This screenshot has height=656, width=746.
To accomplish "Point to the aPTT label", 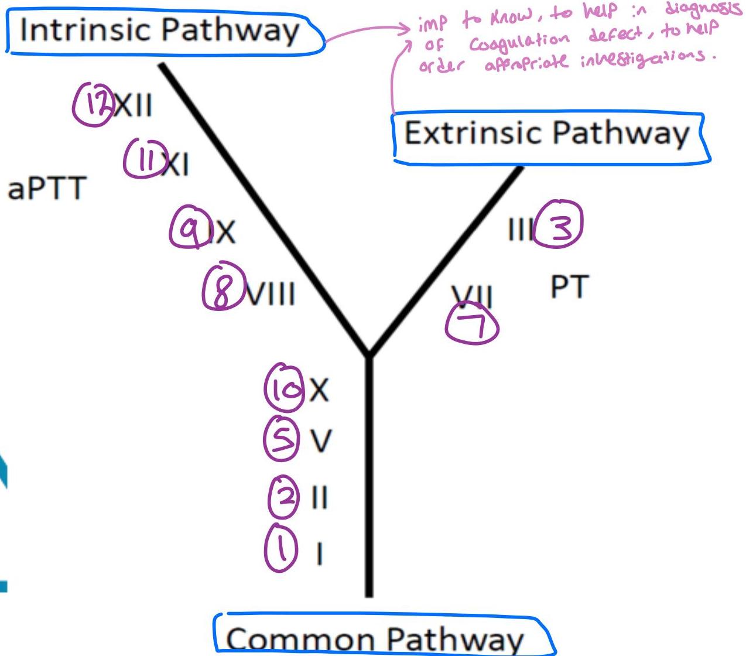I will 47,189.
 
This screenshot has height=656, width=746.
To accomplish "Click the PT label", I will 569,287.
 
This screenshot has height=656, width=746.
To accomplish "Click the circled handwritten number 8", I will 223,289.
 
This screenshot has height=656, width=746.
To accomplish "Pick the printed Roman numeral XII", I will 134,107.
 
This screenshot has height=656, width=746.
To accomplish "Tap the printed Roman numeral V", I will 320,440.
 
